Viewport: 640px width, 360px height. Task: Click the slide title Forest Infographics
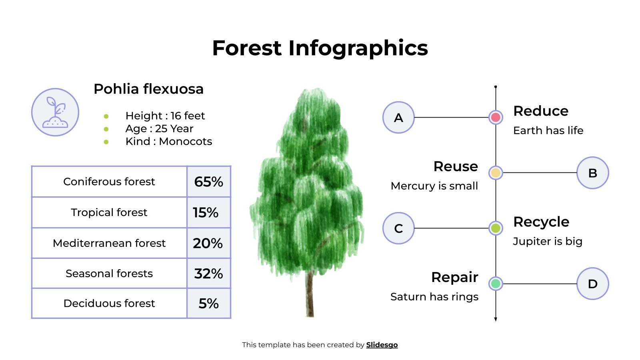(x=320, y=48)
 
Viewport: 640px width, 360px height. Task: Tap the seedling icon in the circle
(x=55, y=112)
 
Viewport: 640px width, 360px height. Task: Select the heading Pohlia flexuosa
(x=148, y=89)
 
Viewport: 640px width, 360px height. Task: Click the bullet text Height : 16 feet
(x=165, y=116)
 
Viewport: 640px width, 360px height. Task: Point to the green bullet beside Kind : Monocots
(x=106, y=142)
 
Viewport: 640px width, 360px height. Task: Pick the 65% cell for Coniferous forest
(x=208, y=182)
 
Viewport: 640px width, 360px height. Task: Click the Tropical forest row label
(x=109, y=212)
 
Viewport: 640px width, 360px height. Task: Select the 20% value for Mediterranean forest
(x=208, y=243)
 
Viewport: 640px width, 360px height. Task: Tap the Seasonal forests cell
(x=109, y=274)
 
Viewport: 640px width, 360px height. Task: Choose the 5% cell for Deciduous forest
(x=208, y=304)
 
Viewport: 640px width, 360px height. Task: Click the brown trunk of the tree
(x=310, y=296)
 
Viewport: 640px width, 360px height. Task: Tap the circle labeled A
(x=398, y=118)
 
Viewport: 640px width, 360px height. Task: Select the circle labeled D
(x=592, y=284)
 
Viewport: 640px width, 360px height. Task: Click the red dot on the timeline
(x=496, y=117)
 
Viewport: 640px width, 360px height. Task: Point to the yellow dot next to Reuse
(x=496, y=173)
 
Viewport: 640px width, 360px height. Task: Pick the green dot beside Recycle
(x=496, y=228)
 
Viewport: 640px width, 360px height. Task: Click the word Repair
(x=454, y=277)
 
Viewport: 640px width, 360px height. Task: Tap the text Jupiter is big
(x=547, y=241)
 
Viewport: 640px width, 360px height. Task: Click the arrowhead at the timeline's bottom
(x=496, y=319)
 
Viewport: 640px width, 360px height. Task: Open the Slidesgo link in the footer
(x=382, y=345)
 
